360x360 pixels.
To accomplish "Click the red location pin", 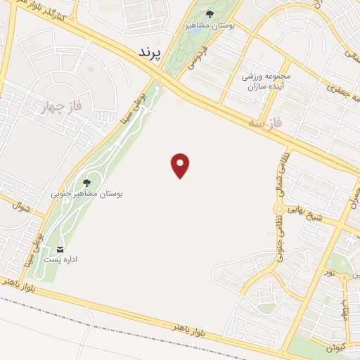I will (181, 165).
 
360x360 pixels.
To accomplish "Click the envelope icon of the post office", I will (60, 249).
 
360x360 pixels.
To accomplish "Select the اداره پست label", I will (60, 259).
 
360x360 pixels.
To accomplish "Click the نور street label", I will (330, 270).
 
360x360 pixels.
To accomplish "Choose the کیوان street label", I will (334, 347).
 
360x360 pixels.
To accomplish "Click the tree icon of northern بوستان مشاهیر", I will (210, 13).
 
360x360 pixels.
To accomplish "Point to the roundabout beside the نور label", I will (344, 277).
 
